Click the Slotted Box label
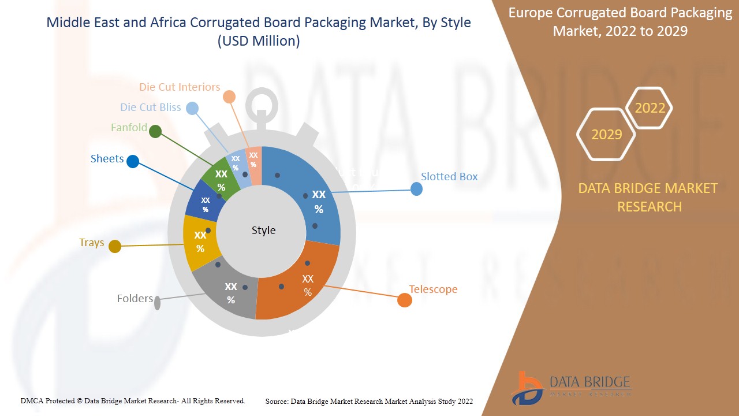tap(449, 177)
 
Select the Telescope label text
tap(433, 289)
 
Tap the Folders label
tap(135, 299)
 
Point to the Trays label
tap(92, 243)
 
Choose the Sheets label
tap(107, 159)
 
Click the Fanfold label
tap(129, 128)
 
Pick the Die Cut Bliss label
tap(151, 107)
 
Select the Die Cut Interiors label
tap(180, 87)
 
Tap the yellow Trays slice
tap(199, 243)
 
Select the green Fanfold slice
tap(221, 177)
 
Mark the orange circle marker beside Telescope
tap(405, 300)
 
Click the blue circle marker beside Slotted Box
tap(416, 189)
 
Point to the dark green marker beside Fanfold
tap(155, 132)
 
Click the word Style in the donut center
tap(263, 231)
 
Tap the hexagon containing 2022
tap(650, 108)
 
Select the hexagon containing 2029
tap(606, 135)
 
